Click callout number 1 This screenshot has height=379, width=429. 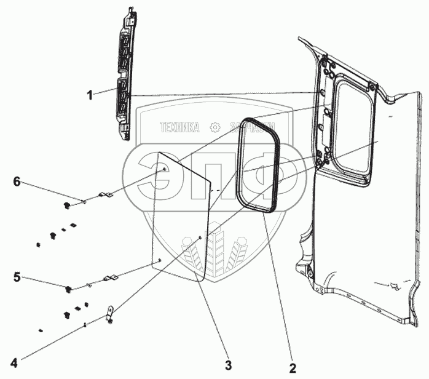(90, 95)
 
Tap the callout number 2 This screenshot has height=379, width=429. (293, 368)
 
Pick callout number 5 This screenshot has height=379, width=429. (17, 276)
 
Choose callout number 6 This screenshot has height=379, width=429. (17, 181)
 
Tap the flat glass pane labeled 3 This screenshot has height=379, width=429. (181, 215)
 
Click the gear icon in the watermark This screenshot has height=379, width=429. (214, 128)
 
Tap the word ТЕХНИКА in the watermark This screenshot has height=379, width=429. (179, 128)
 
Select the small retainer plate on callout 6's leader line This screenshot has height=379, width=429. (105, 196)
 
